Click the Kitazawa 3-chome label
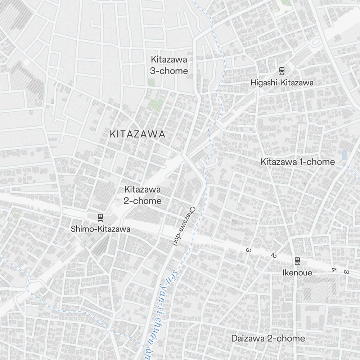[169, 65]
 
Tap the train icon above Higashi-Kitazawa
[282, 71]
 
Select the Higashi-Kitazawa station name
[282, 83]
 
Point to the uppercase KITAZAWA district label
[137, 134]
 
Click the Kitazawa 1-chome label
[298, 162]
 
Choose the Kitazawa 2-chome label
[143, 195]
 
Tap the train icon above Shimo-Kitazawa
[100, 217]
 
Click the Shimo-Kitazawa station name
[100, 229]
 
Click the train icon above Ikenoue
[297, 260]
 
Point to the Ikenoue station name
[297, 273]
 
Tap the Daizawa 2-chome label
[268, 338]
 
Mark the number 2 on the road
[273, 256]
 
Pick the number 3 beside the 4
[347, 272]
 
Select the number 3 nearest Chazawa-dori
[248, 250]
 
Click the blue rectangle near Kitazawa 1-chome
[345, 155]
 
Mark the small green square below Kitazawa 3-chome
[151, 82]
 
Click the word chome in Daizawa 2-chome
[287, 338]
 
